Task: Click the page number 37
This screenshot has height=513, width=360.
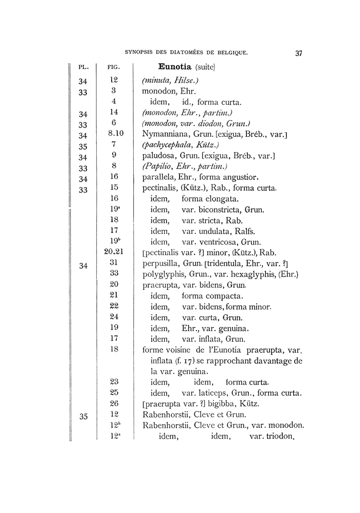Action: click(x=299, y=52)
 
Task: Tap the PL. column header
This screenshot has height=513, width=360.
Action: click(x=84, y=67)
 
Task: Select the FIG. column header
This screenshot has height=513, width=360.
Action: click(x=114, y=67)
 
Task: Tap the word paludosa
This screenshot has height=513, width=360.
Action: click(x=159, y=156)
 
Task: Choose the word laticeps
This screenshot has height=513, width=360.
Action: click(x=216, y=393)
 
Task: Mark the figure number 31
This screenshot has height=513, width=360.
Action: click(x=115, y=262)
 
